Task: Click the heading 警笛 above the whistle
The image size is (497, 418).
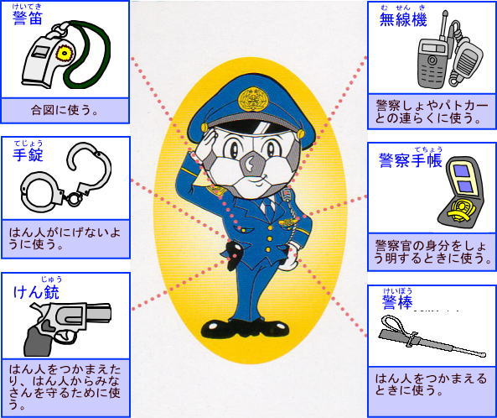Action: tap(28, 18)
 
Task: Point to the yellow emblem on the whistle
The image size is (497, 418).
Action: tap(65, 53)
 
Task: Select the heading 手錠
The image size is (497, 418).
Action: tap(28, 154)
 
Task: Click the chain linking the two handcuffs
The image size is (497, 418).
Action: tap(72, 198)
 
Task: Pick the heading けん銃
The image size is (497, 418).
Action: tap(36, 292)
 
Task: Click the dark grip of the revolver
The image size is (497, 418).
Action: tap(37, 341)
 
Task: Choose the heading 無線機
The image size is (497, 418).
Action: tap(403, 19)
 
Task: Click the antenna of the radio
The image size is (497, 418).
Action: tap(443, 25)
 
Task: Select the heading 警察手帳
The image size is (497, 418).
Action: tap(411, 160)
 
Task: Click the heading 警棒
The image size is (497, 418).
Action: tap(397, 302)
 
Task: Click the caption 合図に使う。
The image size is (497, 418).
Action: tap(65, 110)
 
